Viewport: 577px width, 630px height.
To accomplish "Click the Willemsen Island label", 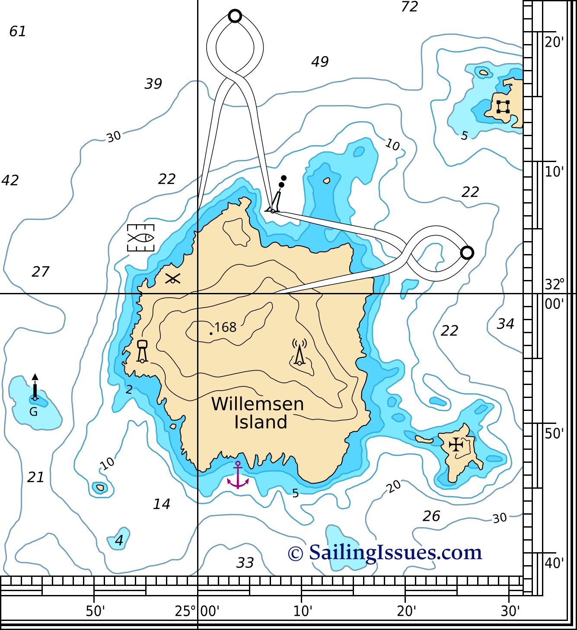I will [258, 413].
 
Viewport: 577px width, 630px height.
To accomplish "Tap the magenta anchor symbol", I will [238, 475].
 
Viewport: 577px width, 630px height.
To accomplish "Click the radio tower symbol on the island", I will [300, 352].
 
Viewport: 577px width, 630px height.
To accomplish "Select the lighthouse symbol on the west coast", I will [142, 351].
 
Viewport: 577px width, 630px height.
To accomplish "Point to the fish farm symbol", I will [141, 238].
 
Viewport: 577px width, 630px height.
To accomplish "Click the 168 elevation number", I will [225, 327].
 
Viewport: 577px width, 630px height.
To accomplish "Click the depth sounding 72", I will [409, 7].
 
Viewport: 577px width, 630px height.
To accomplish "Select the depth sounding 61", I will [18, 32].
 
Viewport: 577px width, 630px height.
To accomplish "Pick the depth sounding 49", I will [320, 62].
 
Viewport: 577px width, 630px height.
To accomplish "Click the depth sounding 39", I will [153, 84].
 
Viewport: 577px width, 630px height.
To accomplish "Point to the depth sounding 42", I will [10, 180].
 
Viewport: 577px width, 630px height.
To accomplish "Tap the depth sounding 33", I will [245, 563].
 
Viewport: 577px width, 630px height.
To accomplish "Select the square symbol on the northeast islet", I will [503, 107].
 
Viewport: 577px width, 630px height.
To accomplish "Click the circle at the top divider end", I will [235, 16].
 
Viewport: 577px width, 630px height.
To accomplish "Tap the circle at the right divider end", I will [467, 253].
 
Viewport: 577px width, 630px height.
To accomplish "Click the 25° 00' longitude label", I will [197, 611].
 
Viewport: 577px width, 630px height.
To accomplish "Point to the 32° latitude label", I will [555, 285].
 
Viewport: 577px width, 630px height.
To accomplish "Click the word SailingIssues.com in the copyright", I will [395, 552].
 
